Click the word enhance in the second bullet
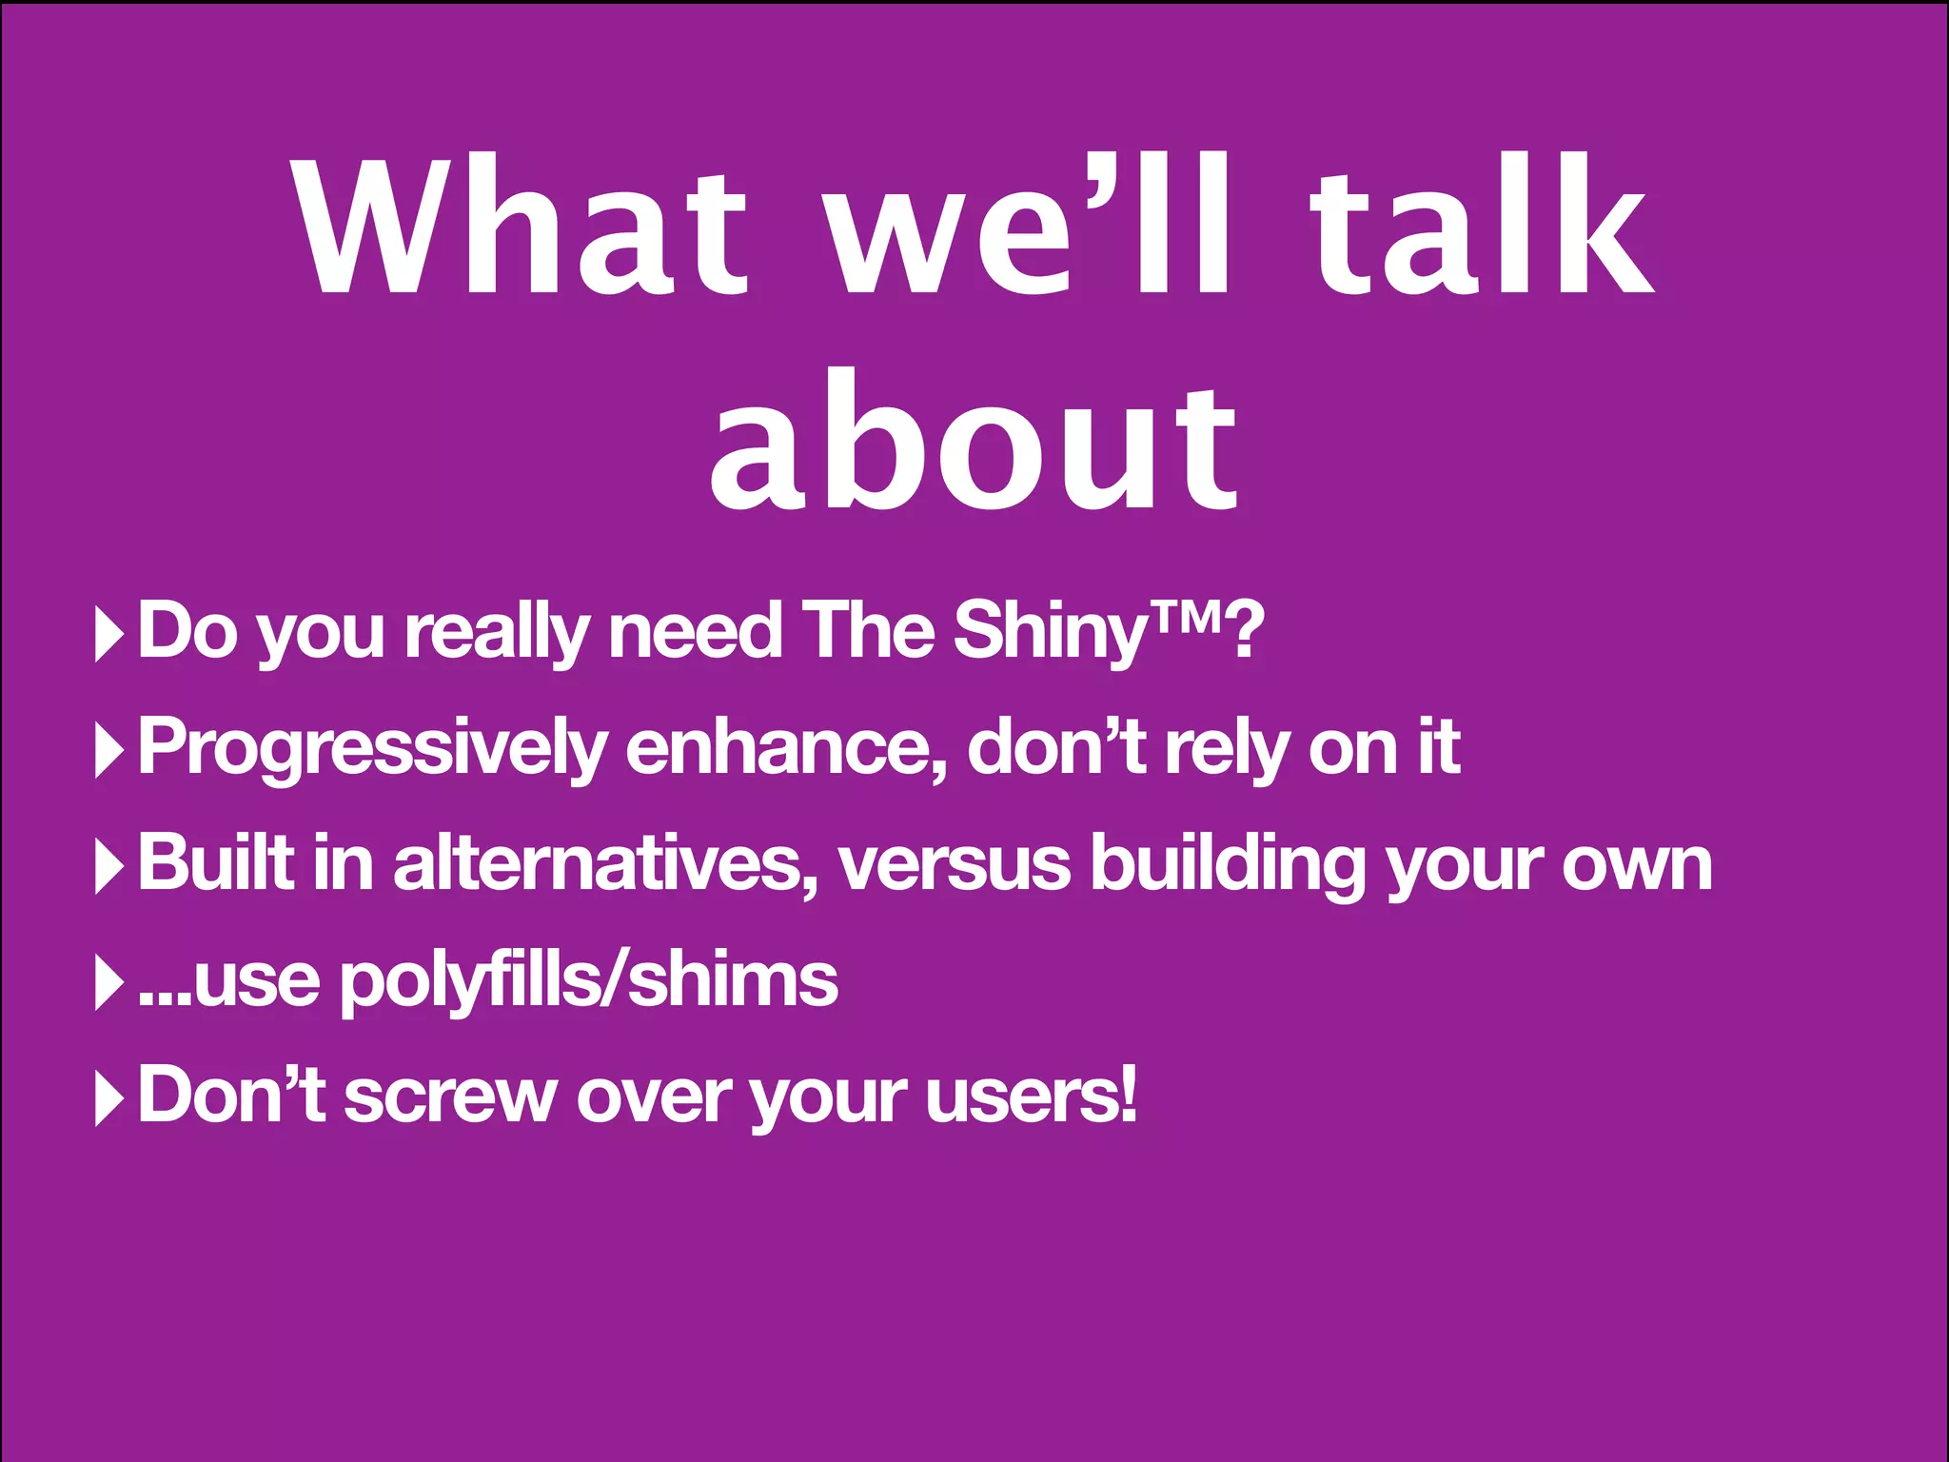(x=785, y=748)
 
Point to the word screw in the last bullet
(x=449, y=1097)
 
